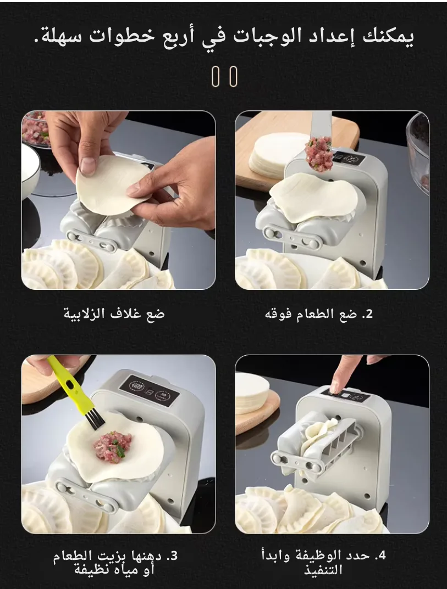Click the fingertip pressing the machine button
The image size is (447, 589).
334,387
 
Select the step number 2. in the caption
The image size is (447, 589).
367,314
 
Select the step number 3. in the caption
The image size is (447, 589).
172,556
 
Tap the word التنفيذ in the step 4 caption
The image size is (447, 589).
324,570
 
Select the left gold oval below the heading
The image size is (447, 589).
216,76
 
